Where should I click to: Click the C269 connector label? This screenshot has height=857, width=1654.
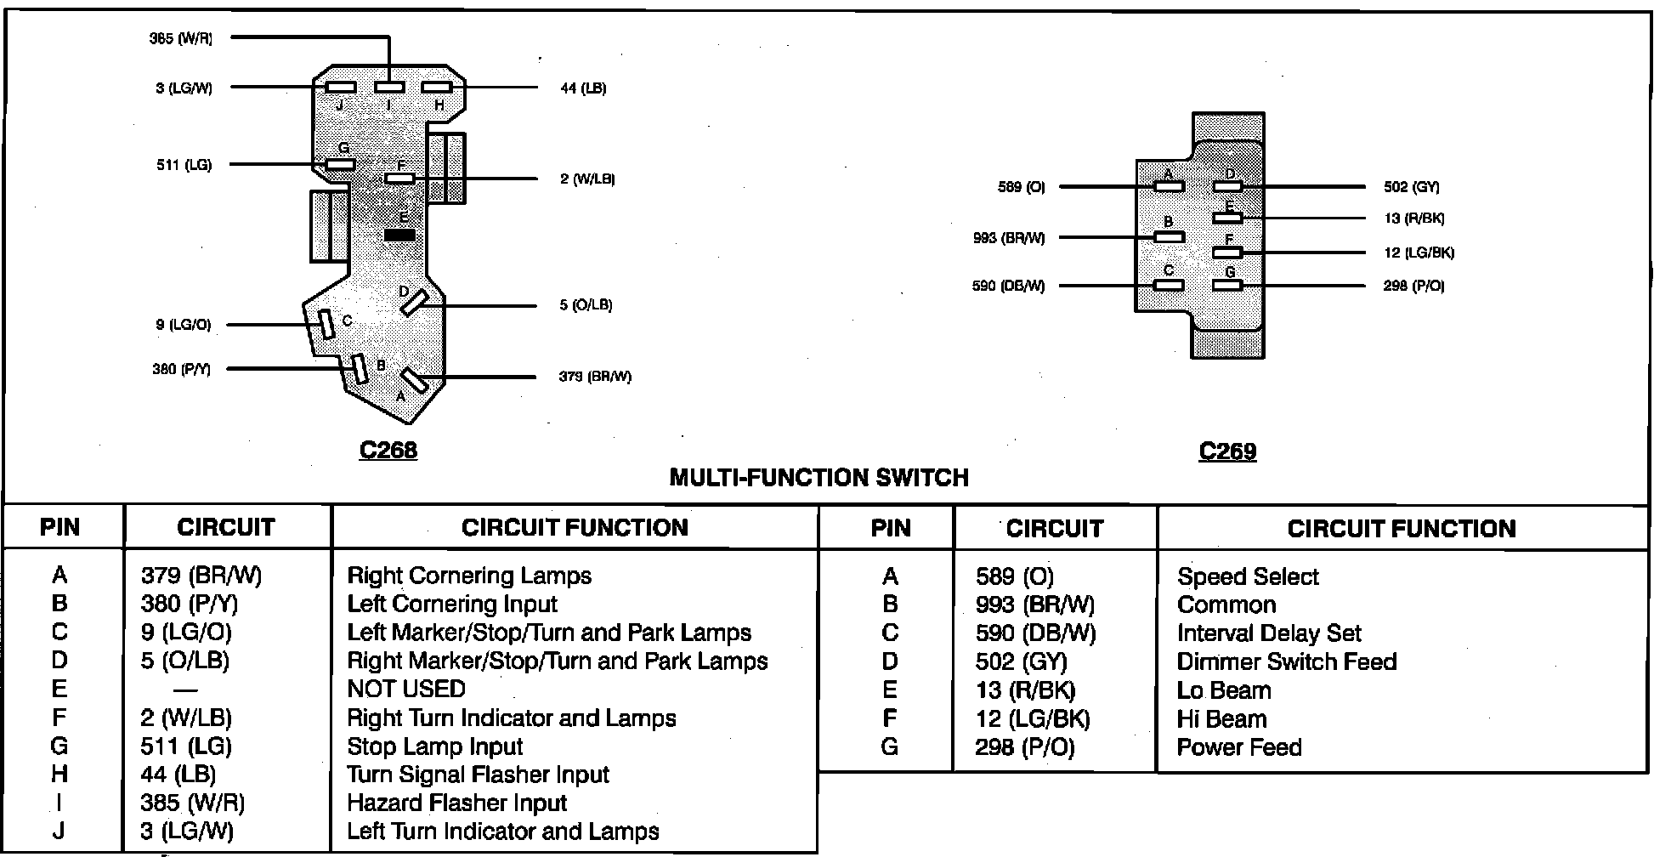tap(1227, 451)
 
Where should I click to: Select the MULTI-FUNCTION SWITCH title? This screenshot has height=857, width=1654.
tap(819, 478)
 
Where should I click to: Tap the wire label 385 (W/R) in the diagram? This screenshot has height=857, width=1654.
tap(181, 38)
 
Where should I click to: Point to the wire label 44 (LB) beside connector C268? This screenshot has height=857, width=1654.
tap(583, 88)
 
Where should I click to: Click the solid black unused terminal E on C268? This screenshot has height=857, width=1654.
tap(399, 236)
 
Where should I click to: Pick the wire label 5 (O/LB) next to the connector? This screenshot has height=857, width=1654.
tap(586, 304)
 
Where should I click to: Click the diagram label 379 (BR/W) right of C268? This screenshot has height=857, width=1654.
tap(595, 377)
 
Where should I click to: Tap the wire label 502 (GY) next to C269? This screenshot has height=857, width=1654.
tap(1412, 187)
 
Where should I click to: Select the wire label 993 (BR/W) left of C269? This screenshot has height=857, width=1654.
tap(1009, 238)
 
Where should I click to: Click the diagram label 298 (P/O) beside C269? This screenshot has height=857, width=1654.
tap(1414, 286)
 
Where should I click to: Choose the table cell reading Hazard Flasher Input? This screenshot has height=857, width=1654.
tap(456, 803)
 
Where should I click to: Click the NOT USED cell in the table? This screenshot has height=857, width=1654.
tap(406, 689)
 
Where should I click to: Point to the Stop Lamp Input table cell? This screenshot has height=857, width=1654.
tap(435, 746)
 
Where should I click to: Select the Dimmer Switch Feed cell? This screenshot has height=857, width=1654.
tap(1287, 661)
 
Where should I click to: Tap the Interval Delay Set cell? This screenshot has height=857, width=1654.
tap(1269, 633)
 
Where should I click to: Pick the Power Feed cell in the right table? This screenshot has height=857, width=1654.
tap(1239, 747)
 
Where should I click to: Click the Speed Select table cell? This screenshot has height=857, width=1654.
tap(1248, 576)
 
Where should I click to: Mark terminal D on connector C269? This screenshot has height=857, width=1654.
tap(1227, 186)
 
